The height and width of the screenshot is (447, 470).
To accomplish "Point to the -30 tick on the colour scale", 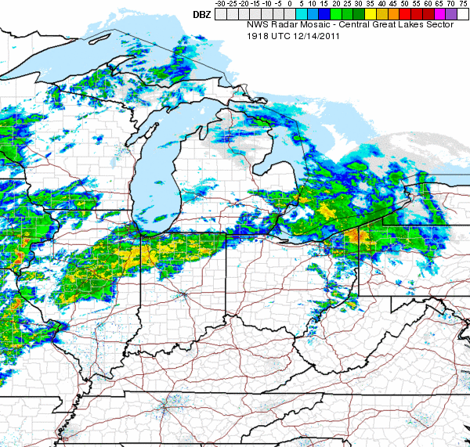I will tap(221, 4).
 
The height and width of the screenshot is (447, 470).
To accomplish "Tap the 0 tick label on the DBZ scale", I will tap(291, 4).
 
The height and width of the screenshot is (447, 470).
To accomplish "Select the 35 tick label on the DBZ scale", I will tap(371, 4).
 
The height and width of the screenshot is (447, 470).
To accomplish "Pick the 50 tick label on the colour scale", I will tap(406, 4).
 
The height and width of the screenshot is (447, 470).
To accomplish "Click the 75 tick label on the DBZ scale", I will tap(464, 4).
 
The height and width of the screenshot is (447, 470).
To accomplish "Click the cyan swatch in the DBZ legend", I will tap(302, 14).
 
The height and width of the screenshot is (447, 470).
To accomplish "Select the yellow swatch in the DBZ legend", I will tap(371, 14).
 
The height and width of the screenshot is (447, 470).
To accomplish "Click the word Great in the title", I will tap(389, 24).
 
